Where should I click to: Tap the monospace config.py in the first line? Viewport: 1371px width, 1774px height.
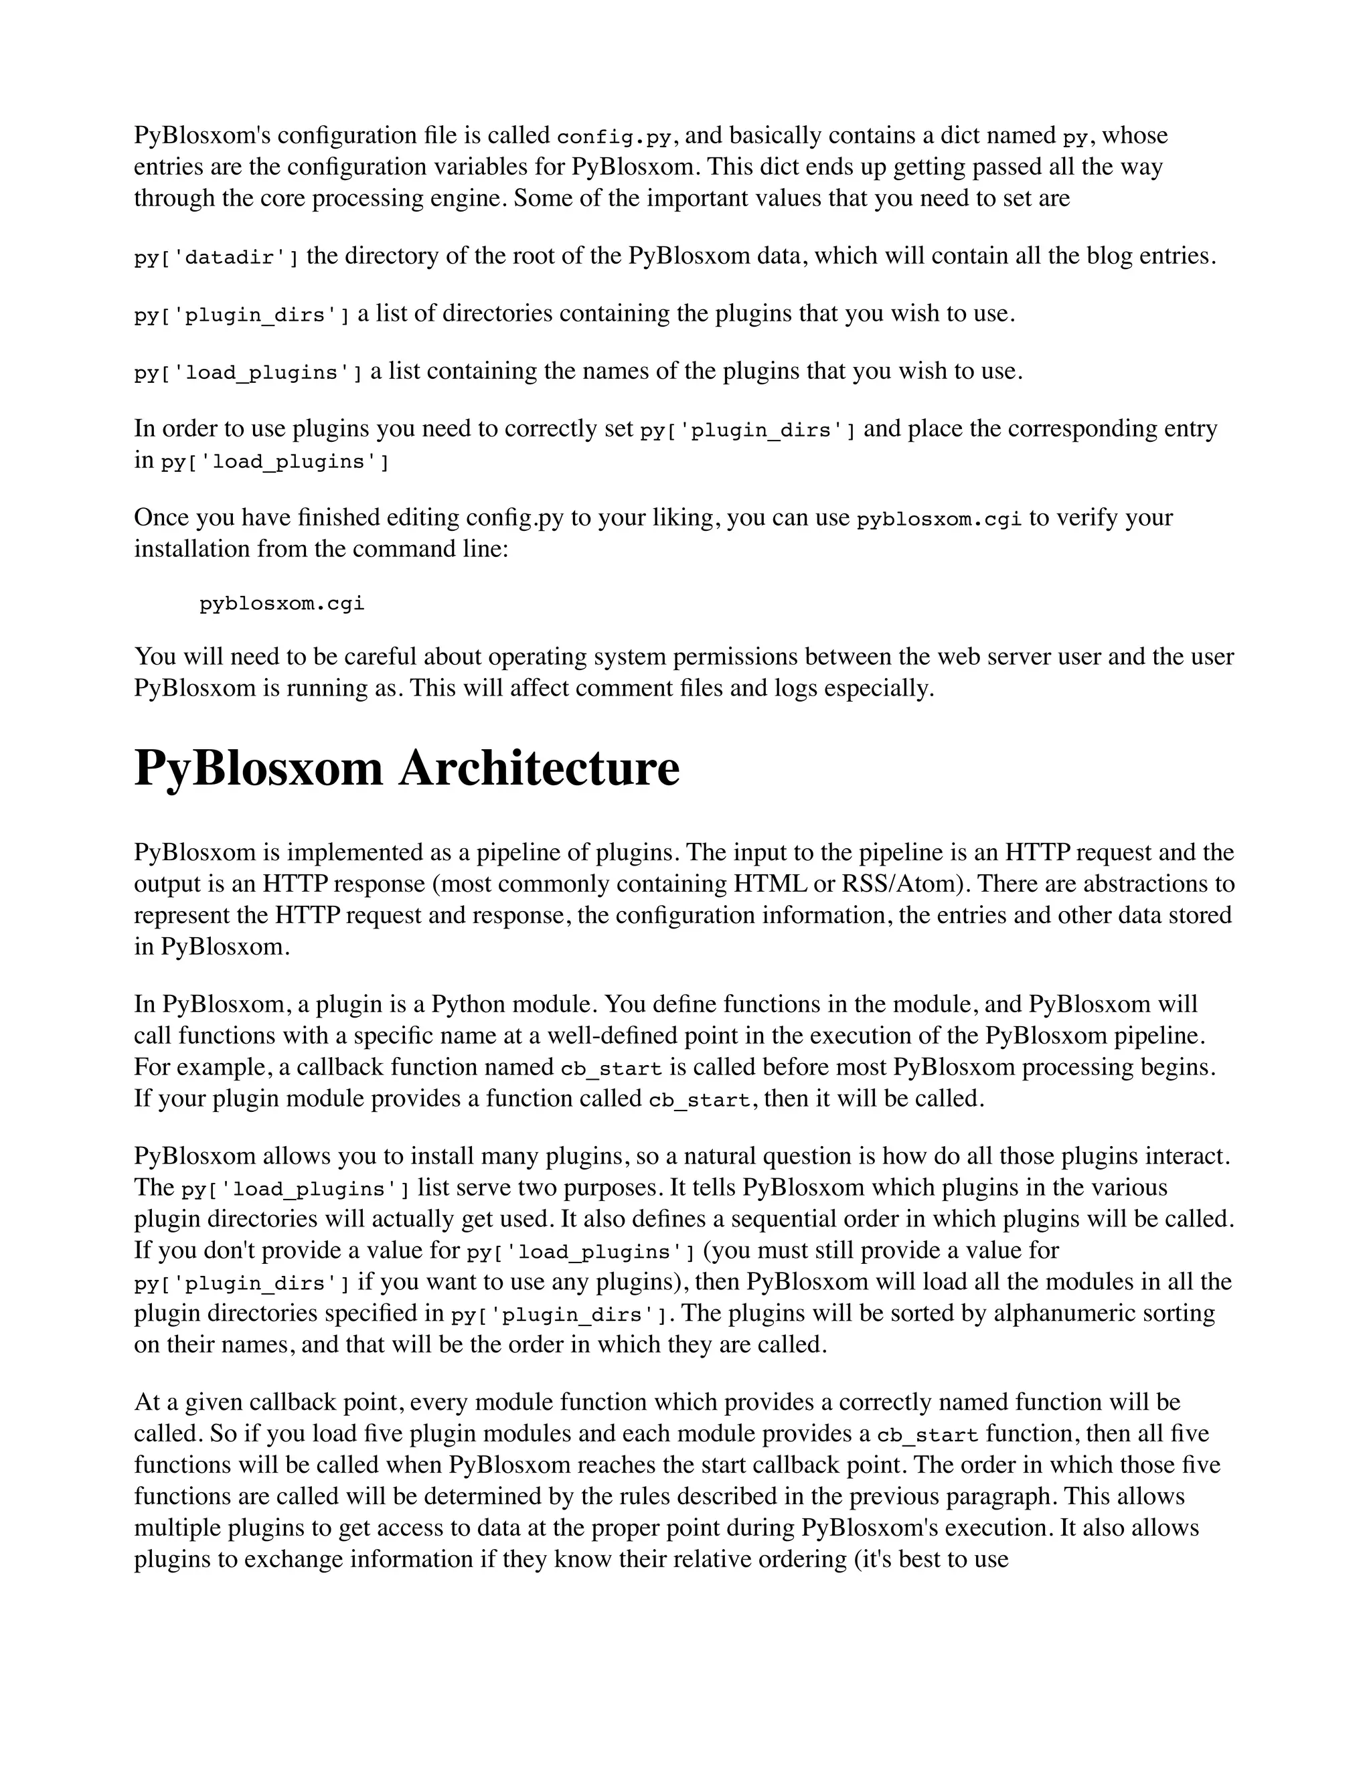coord(615,137)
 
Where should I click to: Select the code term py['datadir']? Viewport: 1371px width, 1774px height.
coord(216,258)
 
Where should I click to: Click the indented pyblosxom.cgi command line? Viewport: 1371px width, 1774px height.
coord(282,604)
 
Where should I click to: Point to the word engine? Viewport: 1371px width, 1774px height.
coord(463,198)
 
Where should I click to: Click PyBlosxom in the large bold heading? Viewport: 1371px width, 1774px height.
coord(258,769)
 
